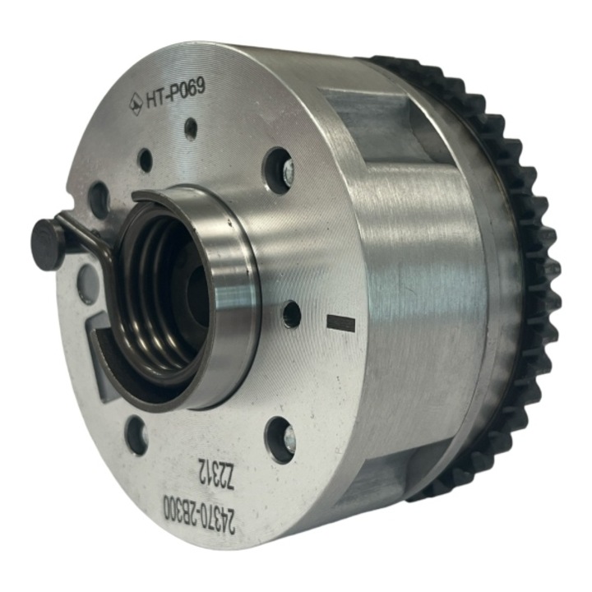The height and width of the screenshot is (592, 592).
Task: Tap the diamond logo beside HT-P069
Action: [136, 104]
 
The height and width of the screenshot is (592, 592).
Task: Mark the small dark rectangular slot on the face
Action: [340, 323]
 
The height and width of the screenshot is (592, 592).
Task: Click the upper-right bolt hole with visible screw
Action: [280, 170]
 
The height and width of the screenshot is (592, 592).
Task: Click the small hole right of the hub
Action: [291, 314]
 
